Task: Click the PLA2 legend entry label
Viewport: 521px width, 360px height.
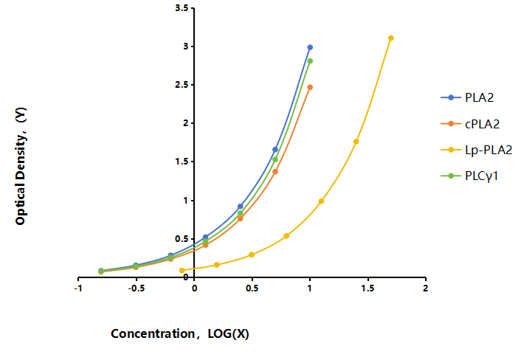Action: coord(479,97)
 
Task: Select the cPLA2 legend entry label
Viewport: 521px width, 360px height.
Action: coord(482,124)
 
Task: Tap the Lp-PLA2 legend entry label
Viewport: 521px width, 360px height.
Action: coord(489,150)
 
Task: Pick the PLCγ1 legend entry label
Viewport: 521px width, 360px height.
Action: coord(481,176)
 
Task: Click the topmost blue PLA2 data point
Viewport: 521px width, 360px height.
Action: coord(310,47)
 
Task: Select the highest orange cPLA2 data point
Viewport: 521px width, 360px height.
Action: coord(310,87)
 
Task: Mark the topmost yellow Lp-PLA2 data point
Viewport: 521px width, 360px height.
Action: coord(391,38)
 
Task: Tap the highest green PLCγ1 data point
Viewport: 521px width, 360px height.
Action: coord(310,61)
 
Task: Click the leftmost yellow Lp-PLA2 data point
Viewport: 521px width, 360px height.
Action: coord(182,270)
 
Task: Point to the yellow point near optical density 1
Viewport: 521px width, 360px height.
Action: coord(321,201)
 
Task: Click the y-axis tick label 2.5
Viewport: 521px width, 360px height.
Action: coord(182,85)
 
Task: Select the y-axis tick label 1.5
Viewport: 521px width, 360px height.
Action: coord(182,162)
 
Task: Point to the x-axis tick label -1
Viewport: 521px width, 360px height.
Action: coord(78,288)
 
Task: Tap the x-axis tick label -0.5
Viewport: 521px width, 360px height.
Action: coord(137,288)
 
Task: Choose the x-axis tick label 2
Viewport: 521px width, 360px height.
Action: coord(426,288)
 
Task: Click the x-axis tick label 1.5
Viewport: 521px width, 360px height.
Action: coord(368,288)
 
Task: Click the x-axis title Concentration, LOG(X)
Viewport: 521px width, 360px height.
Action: coord(180,333)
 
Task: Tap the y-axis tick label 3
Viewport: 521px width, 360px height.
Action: coord(186,46)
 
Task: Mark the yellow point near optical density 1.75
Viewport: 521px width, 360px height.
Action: coord(356,142)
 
